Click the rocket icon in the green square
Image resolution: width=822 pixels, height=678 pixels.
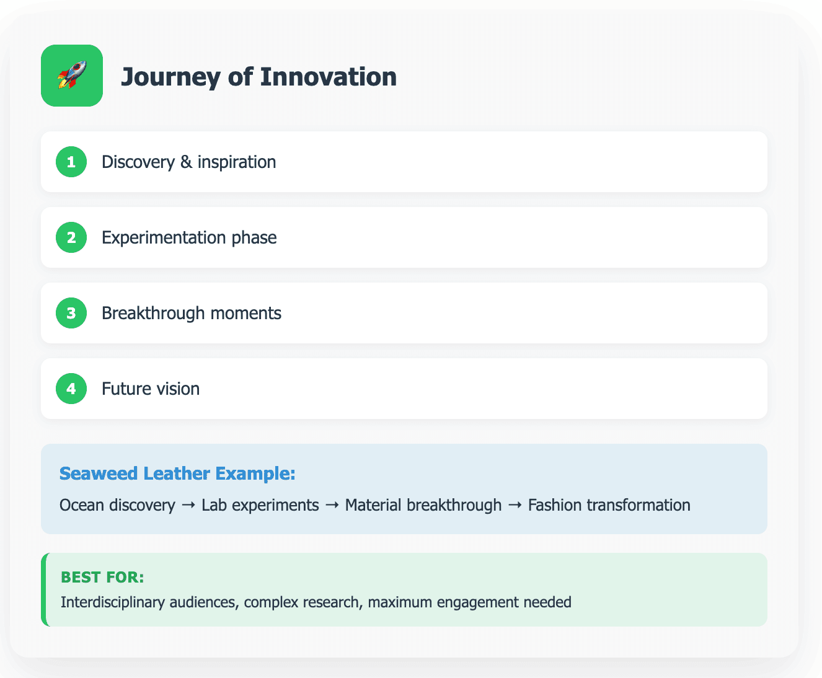(x=72, y=75)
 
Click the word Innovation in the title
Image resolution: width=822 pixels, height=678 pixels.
(x=329, y=76)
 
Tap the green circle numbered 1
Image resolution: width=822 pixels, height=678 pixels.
(x=71, y=162)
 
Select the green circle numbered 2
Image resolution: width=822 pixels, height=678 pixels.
(x=71, y=237)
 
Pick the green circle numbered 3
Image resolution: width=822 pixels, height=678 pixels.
(x=71, y=313)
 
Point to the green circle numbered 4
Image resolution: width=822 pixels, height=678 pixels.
(x=71, y=389)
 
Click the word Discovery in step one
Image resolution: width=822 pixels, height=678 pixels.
(x=138, y=162)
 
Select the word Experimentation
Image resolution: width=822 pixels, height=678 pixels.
(x=164, y=238)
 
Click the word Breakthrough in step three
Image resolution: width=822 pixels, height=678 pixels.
(x=154, y=313)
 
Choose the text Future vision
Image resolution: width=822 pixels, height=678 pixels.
(x=151, y=389)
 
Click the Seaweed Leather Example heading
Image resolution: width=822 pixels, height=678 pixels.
(x=177, y=473)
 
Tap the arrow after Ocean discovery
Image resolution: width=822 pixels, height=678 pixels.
(x=188, y=505)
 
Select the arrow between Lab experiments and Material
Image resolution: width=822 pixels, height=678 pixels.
(x=332, y=505)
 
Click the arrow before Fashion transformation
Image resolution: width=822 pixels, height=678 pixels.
(x=515, y=505)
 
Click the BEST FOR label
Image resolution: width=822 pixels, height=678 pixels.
(x=102, y=577)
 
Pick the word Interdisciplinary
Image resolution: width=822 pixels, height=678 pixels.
(x=113, y=602)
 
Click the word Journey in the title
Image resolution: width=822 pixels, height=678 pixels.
(x=171, y=77)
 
